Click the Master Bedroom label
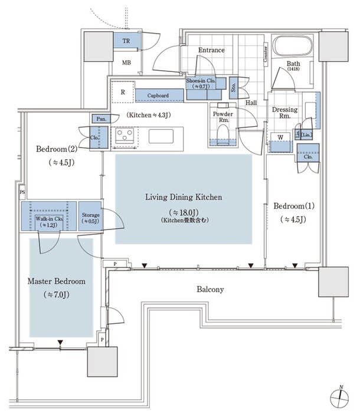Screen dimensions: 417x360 tap(57, 281)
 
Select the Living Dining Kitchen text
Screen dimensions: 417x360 tap(184, 197)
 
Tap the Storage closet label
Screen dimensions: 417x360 tap(91, 215)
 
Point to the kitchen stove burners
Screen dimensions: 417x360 tap(125, 137)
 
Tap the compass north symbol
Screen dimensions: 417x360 tap(341, 399)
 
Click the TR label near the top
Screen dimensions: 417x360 tap(126, 41)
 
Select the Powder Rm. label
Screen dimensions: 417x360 tap(223, 117)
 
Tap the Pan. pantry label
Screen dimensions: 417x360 tap(99, 119)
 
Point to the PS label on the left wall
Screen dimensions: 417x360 tap(22, 192)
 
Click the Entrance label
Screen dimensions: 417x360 tap(211, 51)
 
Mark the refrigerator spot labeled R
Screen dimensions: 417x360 tap(122, 92)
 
